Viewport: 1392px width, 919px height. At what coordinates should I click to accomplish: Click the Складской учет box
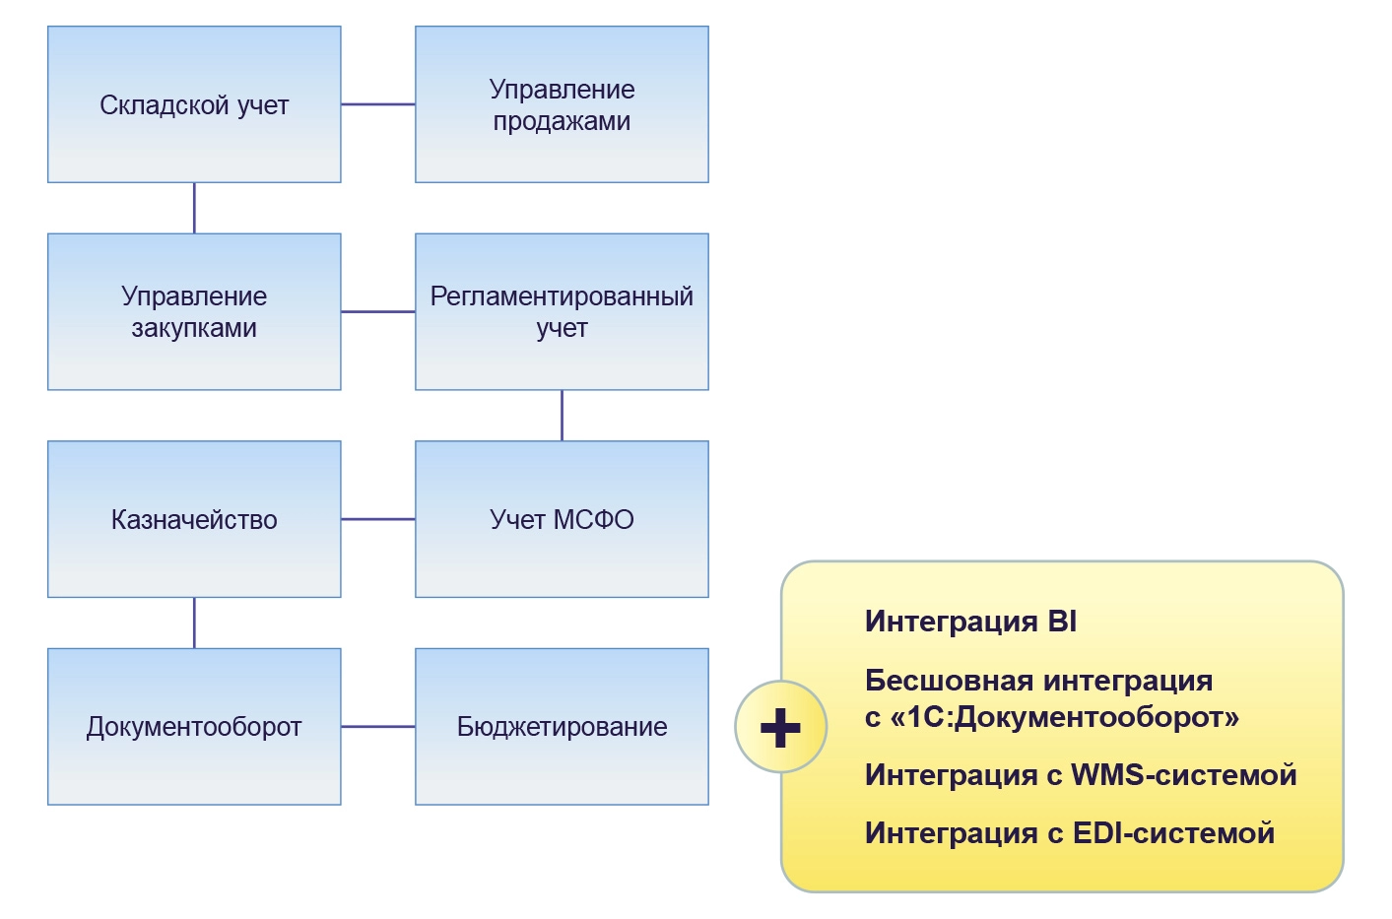click(194, 104)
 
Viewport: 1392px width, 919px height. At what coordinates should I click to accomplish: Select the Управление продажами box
click(562, 104)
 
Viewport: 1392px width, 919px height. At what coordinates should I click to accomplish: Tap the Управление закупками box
click(194, 311)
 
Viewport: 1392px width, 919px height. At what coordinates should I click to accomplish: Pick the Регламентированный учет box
click(562, 311)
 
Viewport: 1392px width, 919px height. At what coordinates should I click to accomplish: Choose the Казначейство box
click(194, 519)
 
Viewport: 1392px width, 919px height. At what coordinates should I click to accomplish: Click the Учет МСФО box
click(562, 519)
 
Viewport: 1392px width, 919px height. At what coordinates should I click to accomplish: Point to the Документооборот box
click(194, 727)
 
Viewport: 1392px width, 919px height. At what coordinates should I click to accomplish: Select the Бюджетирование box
click(562, 727)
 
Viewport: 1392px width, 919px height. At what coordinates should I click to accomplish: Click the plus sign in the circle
click(780, 727)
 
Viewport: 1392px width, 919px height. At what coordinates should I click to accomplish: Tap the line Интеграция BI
click(970, 622)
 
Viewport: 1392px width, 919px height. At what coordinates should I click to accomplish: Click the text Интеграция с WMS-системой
click(1080, 775)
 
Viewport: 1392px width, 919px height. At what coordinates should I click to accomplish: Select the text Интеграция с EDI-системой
click(1069, 833)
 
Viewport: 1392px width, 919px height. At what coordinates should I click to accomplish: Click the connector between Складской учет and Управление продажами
click(378, 104)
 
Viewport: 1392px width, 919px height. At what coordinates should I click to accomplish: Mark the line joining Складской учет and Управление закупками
click(194, 208)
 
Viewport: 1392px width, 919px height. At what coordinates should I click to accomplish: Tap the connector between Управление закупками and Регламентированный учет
click(378, 311)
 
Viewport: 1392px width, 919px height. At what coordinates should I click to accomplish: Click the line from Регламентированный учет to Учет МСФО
click(562, 416)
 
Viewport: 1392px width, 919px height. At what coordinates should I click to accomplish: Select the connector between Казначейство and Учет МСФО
click(378, 519)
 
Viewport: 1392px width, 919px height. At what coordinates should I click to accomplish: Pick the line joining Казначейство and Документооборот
click(194, 623)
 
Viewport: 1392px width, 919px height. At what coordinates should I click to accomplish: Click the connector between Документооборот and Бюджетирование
click(378, 727)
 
